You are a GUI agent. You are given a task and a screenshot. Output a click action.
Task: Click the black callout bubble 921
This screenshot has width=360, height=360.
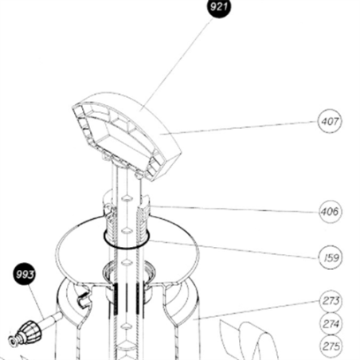tap(219, 7)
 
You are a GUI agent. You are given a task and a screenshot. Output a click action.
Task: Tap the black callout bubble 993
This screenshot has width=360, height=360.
tap(24, 274)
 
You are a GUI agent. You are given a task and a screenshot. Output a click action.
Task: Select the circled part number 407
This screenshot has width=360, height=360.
tap(330, 121)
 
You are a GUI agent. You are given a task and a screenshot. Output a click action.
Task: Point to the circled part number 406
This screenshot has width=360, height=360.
tap(330, 212)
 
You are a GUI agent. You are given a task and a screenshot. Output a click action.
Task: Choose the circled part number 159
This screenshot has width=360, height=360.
tap(330, 257)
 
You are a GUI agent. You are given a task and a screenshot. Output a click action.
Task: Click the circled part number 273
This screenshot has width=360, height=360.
tap(331, 301)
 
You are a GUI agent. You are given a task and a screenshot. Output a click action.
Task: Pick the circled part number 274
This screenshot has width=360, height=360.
tap(331, 324)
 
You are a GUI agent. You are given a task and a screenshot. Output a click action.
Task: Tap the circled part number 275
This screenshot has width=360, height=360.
tap(331, 346)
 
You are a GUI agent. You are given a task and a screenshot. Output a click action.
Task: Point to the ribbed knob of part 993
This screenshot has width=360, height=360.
tap(29, 331)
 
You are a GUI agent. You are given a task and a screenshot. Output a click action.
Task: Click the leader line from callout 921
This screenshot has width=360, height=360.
tap(177, 64)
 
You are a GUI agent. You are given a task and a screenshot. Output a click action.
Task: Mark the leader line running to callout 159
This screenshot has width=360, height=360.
tap(233, 249)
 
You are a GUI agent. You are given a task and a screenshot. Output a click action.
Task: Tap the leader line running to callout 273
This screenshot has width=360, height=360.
tap(256, 310)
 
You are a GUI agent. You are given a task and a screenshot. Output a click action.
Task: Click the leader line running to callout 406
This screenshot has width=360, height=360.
tap(234, 209)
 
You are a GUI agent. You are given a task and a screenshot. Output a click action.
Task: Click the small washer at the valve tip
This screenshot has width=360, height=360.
tap(13, 341)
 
